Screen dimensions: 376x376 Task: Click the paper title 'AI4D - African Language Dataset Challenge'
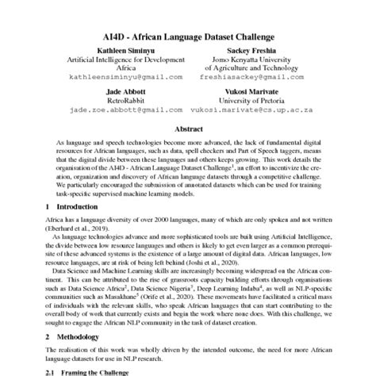click(188, 36)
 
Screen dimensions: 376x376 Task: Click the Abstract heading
click(188, 127)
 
